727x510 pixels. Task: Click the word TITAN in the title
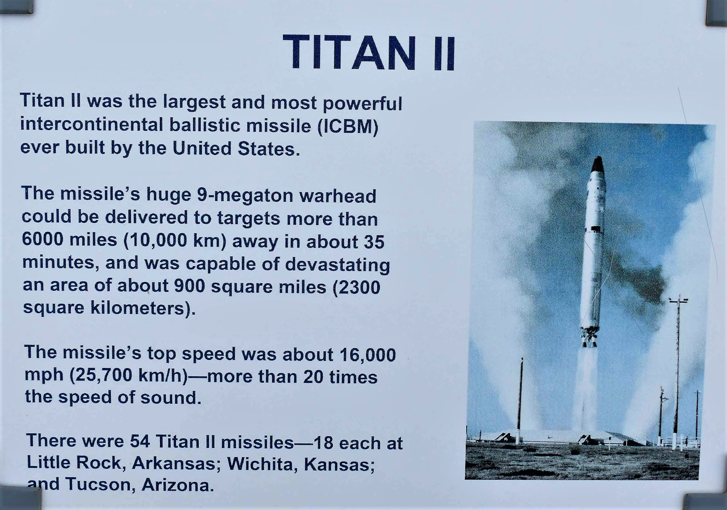[349, 53]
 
